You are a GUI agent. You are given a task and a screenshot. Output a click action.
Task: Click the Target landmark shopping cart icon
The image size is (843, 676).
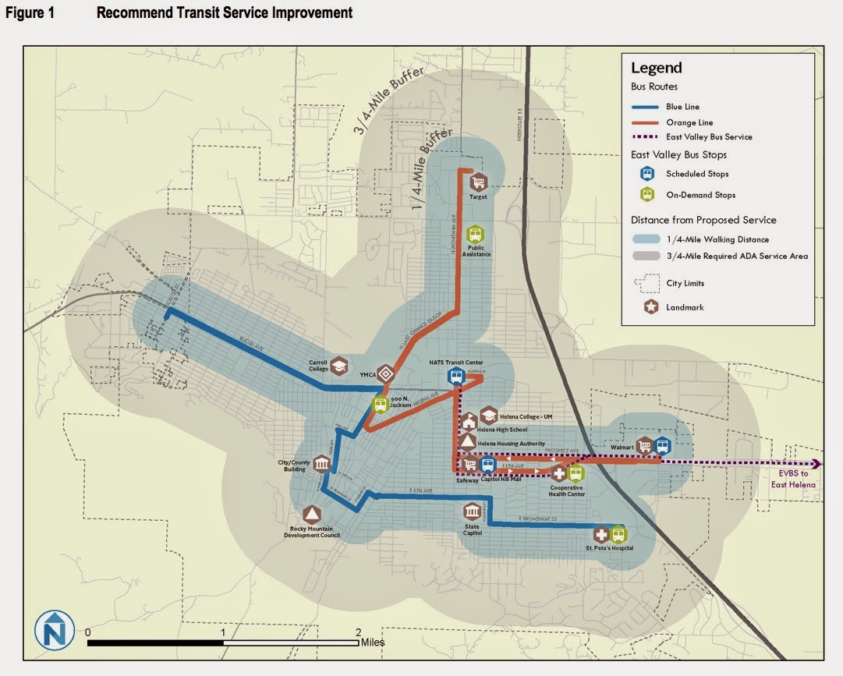coord(479,182)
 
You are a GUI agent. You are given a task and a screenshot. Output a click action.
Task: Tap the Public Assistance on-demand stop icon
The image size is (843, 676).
coord(475,234)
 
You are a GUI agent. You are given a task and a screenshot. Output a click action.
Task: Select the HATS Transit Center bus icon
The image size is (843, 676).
coord(455,377)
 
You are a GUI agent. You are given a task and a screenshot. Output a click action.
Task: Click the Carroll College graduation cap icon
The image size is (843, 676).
coord(339,366)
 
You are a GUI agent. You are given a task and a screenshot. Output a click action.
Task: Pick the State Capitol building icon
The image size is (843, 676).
coord(472,511)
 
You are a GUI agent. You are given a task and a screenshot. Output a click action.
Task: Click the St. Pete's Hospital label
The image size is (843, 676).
coord(609,548)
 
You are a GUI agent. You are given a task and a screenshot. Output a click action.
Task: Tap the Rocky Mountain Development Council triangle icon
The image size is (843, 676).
coord(311,515)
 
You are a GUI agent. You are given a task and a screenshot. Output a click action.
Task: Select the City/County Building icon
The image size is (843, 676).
coord(321,464)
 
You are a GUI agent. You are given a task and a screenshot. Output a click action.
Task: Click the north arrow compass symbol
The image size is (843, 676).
coord(55,630)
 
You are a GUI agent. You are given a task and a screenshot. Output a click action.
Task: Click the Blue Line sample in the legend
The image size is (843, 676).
coord(646,107)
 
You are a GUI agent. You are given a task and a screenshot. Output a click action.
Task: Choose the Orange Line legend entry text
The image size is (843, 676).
coord(689,122)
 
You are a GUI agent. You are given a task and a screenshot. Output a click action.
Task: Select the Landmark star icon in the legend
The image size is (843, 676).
coord(650,307)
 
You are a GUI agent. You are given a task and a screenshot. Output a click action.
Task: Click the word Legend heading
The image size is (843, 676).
coord(656,68)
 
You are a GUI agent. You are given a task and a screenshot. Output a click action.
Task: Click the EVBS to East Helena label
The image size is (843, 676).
coord(794,479)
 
